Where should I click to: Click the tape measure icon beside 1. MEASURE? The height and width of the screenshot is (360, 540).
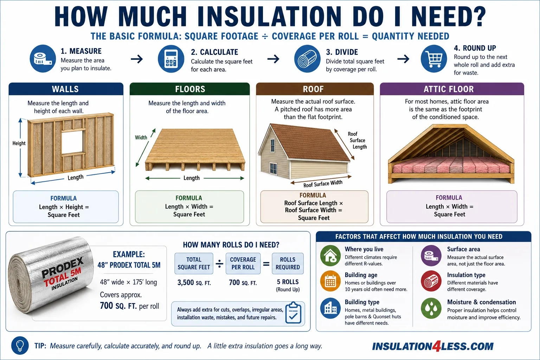click(43, 59)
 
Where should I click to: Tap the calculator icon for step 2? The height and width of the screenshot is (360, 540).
click(171, 59)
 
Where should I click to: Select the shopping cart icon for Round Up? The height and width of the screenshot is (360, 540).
click(434, 59)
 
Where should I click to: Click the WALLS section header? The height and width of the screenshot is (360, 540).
click(66, 89)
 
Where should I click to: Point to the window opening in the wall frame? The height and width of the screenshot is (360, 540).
click(73, 142)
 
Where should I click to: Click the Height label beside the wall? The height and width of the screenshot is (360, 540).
click(19, 143)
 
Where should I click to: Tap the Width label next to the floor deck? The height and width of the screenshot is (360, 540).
click(141, 137)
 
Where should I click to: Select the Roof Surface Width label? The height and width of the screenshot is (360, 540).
click(323, 184)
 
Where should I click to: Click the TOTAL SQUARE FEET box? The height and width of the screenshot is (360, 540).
click(194, 263)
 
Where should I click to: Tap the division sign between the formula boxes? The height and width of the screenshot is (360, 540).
click(219, 264)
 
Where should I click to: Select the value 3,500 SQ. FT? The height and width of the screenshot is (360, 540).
click(194, 282)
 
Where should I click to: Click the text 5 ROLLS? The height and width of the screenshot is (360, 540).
click(288, 282)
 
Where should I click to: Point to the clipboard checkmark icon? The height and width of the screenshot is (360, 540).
click(293, 313)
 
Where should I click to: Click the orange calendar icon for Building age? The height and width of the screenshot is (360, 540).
click(330, 281)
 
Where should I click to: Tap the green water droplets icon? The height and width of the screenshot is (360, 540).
click(431, 308)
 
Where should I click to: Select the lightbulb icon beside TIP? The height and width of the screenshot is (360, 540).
click(20, 345)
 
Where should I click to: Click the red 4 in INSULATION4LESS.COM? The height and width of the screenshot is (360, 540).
click(436, 346)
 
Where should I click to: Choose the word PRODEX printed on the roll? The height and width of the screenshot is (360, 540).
click(63, 267)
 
